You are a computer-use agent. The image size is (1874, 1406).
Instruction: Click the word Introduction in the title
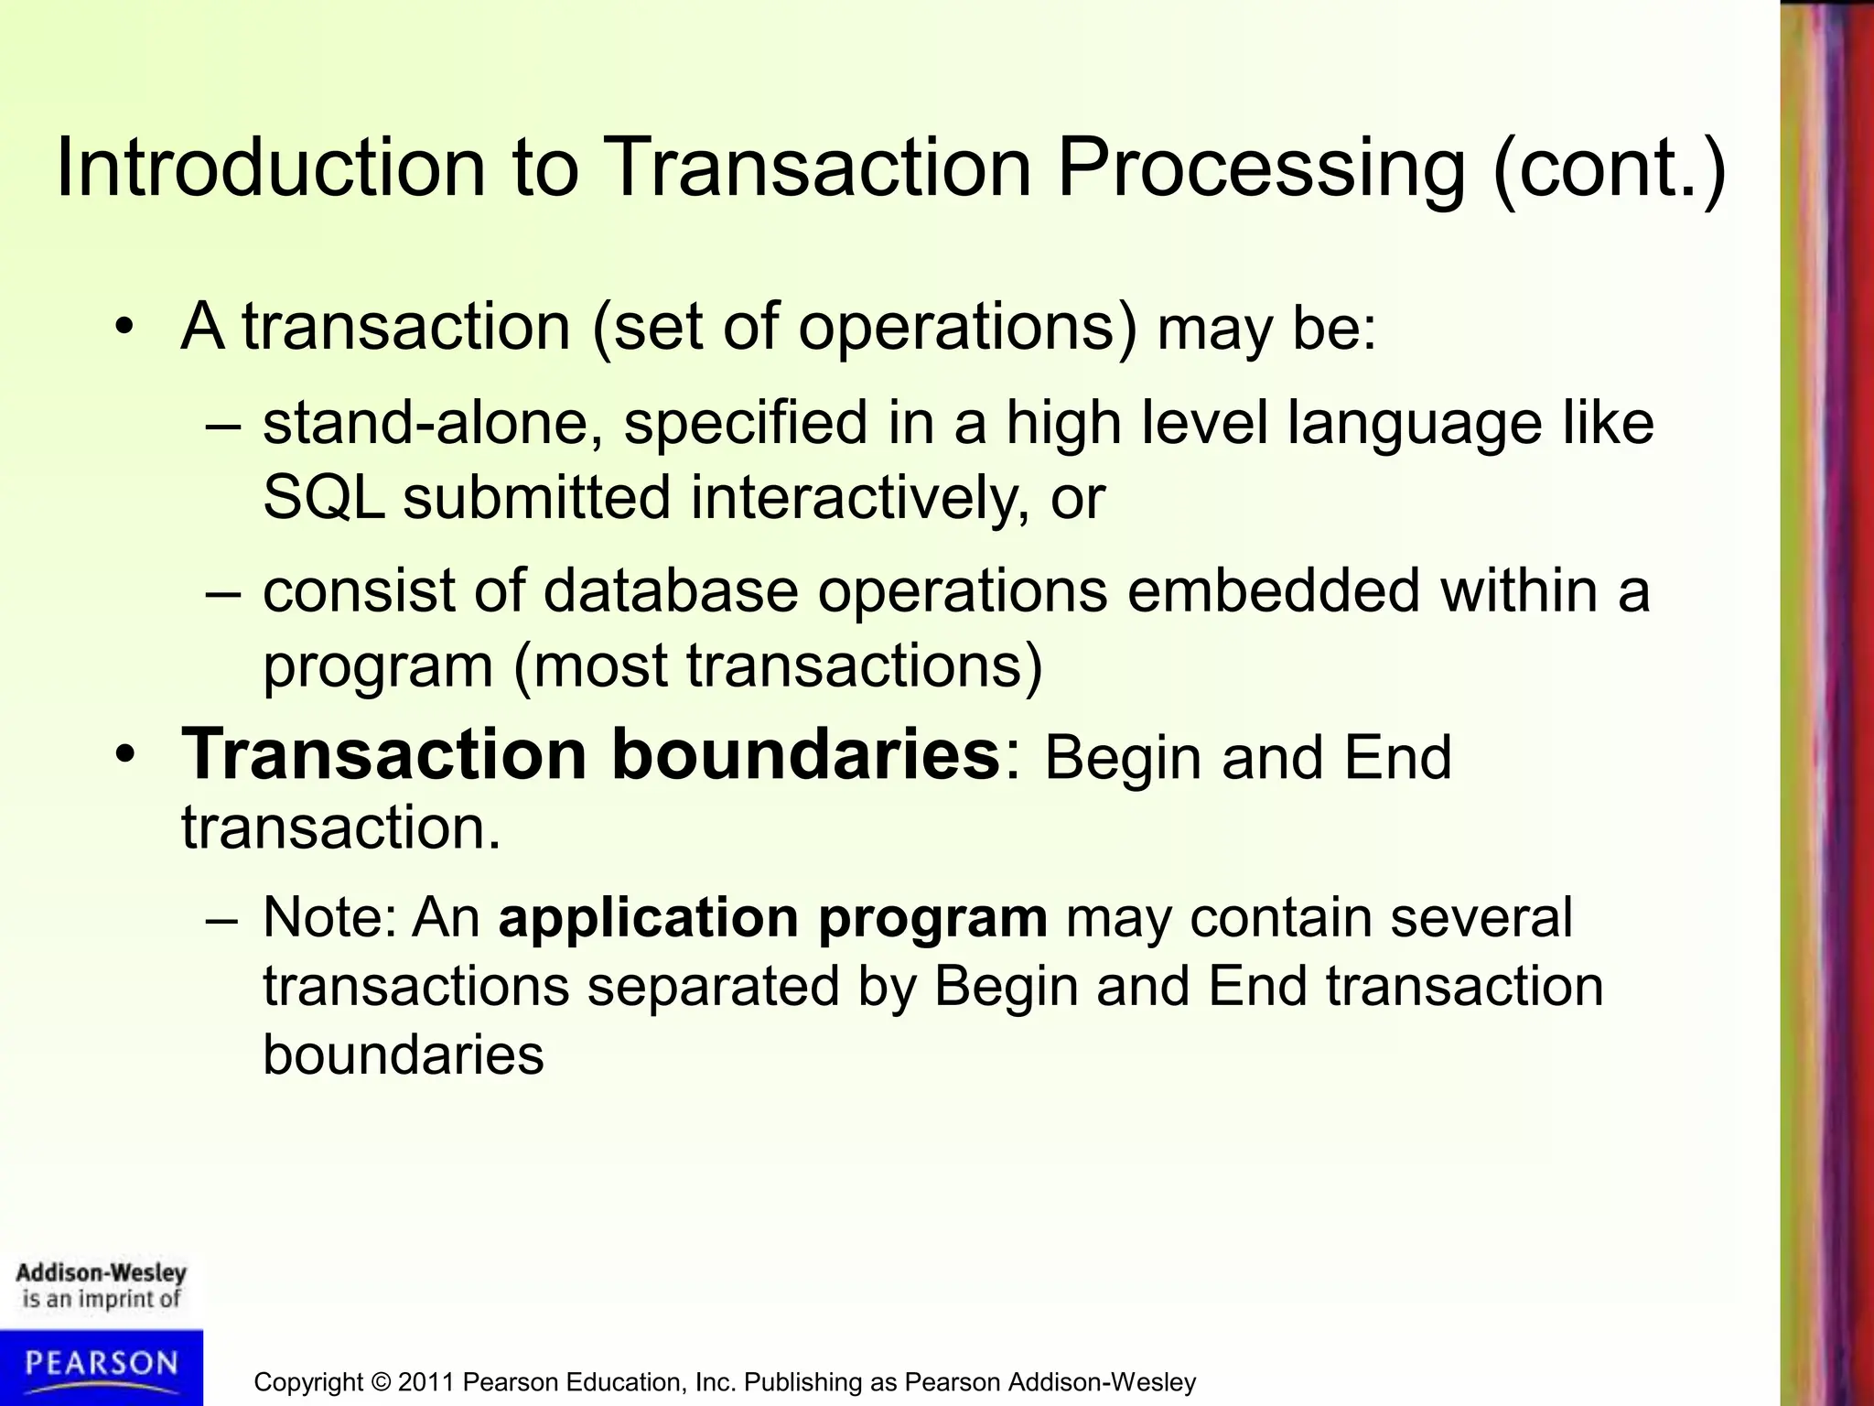(x=270, y=168)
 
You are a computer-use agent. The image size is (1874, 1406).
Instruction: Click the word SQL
(x=324, y=498)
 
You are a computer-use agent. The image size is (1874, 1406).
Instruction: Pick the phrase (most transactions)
(x=778, y=665)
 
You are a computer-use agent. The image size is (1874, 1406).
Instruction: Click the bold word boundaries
(x=805, y=755)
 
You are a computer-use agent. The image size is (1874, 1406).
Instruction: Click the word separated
(x=713, y=987)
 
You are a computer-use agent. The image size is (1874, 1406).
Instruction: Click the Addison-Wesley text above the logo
(x=101, y=1273)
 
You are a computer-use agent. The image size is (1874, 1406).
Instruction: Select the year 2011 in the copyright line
(x=427, y=1382)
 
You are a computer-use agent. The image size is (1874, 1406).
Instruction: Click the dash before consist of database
(x=223, y=592)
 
